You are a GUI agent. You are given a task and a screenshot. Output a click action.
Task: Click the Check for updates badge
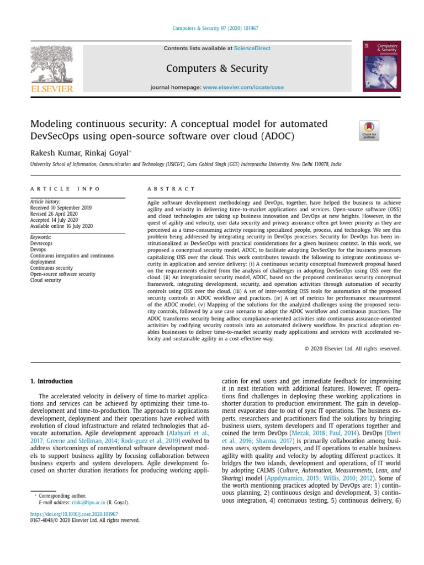tap(369, 130)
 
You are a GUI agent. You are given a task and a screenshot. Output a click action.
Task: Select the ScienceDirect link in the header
tap(252, 49)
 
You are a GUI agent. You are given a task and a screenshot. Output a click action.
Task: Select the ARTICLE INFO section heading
tap(65, 189)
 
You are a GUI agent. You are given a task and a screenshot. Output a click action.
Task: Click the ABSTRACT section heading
tap(171, 189)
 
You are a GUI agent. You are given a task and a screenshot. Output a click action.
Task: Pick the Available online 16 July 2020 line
tap(61, 226)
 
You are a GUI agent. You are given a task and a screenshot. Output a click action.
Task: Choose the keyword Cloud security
tap(45, 280)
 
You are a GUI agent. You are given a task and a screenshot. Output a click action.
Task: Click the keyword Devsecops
tap(42, 244)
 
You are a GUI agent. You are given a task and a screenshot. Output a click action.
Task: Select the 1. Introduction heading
tap(51, 381)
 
